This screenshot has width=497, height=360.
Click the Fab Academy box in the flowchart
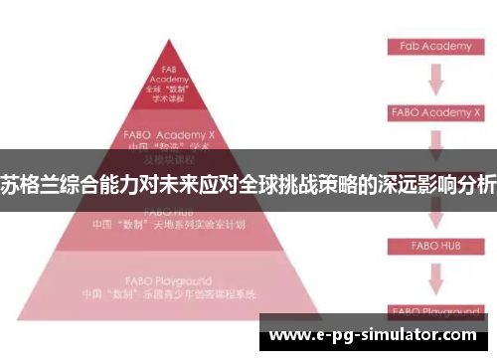click(x=429, y=47)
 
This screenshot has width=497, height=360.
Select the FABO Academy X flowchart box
click(x=430, y=112)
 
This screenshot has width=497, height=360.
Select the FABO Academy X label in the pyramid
click(x=168, y=132)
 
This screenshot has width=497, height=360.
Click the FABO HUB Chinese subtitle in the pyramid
click(x=168, y=224)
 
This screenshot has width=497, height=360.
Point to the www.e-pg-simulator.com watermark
click(x=374, y=335)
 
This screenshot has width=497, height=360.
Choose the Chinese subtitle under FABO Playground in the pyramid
click(x=168, y=294)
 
